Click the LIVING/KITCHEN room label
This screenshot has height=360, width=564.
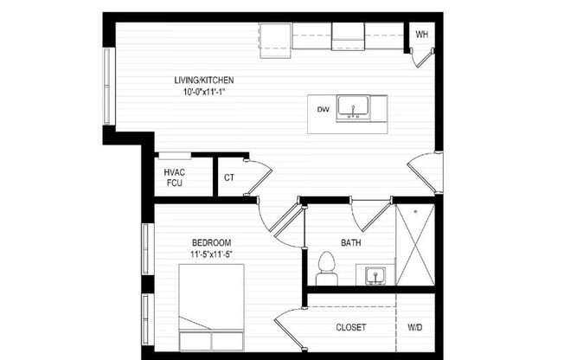point(204,80)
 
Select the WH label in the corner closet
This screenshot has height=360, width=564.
point(422,35)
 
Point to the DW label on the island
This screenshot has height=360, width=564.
point(324,109)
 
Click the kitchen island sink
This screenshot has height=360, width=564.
point(352,108)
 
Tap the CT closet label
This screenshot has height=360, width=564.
point(229,177)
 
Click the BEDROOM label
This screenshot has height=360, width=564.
point(211,243)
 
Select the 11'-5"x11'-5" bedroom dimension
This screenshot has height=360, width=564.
point(211,254)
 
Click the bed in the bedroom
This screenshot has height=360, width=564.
point(212,307)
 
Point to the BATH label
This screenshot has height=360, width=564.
point(350,242)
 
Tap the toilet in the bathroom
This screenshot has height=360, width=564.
point(327,268)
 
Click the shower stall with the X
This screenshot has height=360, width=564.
point(414,245)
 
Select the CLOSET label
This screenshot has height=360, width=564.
point(350,328)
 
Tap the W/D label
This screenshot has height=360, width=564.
point(415,328)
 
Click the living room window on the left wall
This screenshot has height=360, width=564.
point(109,87)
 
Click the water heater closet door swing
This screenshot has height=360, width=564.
point(422,57)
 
